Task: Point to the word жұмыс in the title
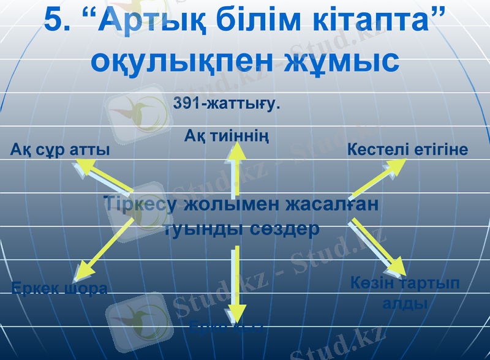341,61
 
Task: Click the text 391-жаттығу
226,103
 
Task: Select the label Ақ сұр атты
60,149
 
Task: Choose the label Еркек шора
60,288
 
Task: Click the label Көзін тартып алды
405,293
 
